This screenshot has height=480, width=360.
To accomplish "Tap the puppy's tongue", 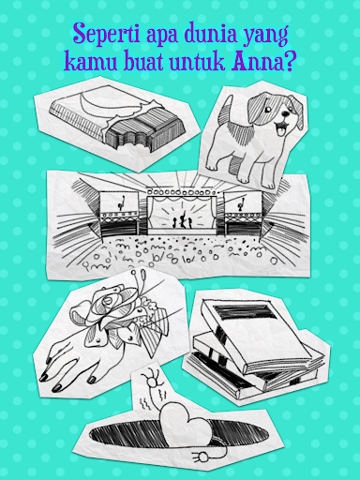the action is click(x=282, y=127).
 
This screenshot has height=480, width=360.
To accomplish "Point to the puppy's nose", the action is click(x=284, y=113).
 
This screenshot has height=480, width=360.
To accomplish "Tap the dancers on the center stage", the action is click(x=182, y=220).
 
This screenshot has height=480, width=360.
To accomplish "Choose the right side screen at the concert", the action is click(x=243, y=202).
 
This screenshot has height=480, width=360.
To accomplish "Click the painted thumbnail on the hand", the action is click(x=92, y=380).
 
